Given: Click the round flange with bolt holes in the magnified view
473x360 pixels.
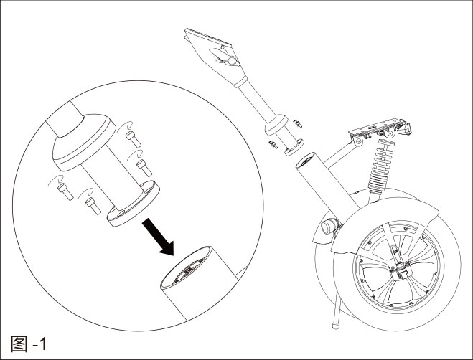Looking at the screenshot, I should pyautogui.click(x=133, y=204).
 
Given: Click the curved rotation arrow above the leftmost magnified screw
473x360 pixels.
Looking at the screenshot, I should pyautogui.click(x=57, y=176).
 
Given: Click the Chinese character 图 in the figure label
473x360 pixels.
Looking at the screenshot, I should pyautogui.click(x=21, y=344).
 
